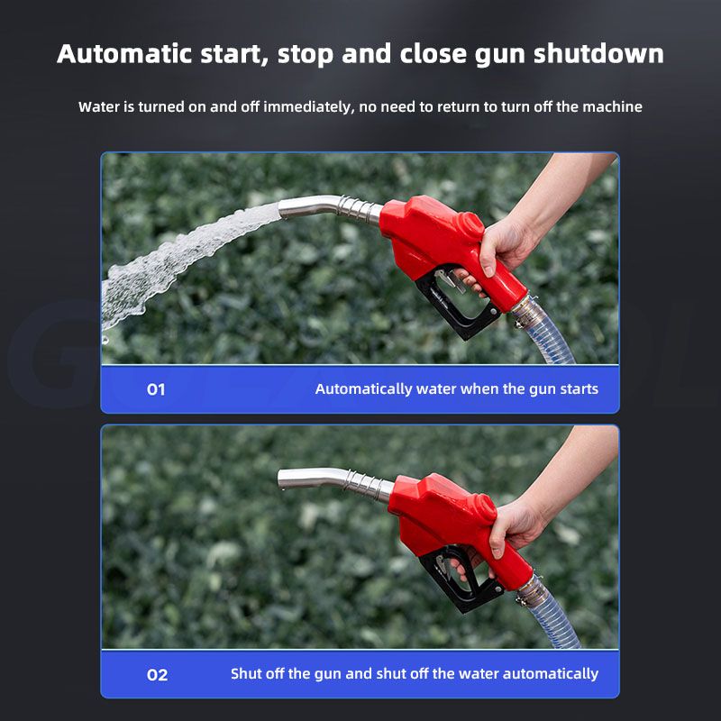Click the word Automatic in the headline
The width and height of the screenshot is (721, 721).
[124, 53]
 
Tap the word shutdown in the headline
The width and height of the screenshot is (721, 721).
[598, 53]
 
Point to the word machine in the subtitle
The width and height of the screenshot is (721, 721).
[613, 106]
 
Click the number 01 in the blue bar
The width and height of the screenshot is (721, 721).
[156, 389]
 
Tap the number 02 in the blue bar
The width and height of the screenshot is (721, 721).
[157, 675]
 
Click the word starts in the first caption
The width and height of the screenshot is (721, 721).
[580, 389]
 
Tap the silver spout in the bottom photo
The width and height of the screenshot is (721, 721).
[334, 483]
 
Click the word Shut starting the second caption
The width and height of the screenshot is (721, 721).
[246, 673]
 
